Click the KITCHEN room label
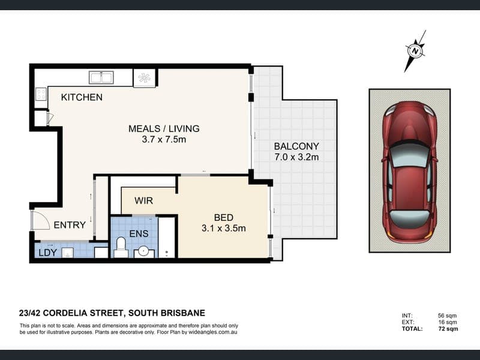tap(82, 97)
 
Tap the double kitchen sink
tap(101, 77)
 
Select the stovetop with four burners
tap(41, 94)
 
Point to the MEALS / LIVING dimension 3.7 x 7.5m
tap(164, 140)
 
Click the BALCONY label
tap(296, 146)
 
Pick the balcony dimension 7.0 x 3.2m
tap(296, 157)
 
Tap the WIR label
tap(143, 201)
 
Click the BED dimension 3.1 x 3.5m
tap(224, 228)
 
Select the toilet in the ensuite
tap(121, 247)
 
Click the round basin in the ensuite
tap(143, 252)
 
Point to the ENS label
tap(139, 233)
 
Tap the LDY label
tap(48, 253)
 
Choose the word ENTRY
tap(70, 225)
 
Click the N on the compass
tap(415, 51)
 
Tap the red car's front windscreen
tap(410, 155)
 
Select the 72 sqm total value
tap(448, 329)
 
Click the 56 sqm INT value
tap(447, 316)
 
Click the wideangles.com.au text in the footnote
tap(213, 332)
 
